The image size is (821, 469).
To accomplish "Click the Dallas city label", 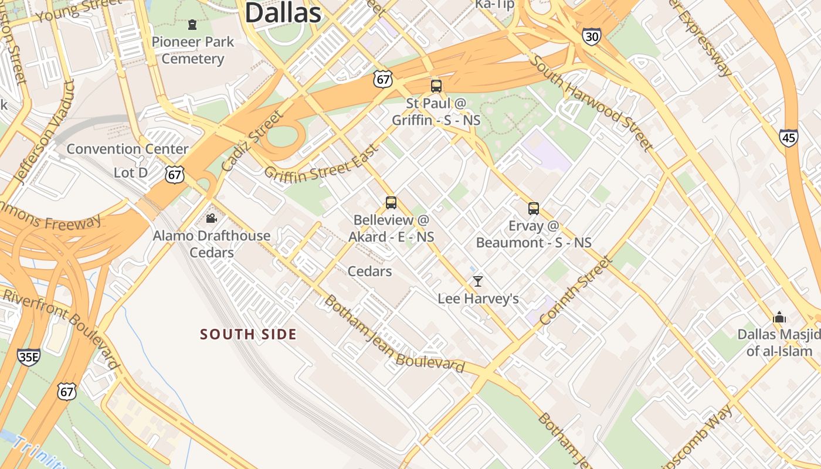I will (283, 13).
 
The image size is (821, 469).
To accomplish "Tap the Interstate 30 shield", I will (592, 37).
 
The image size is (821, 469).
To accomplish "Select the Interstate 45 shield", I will (788, 138).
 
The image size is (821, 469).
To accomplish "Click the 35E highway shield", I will (29, 356).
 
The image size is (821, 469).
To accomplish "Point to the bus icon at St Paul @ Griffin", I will (436, 86).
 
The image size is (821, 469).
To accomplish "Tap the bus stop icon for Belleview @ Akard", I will (391, 203).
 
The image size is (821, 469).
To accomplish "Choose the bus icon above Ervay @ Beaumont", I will (534, 208).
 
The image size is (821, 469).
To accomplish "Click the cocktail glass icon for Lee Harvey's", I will (478, 281).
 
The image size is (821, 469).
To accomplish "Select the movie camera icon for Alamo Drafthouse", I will (211, 219).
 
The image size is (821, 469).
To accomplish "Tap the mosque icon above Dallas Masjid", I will (779, 317).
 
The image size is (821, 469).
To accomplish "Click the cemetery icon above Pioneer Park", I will (192, 25).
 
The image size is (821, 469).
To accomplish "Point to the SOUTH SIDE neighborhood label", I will (248, 334).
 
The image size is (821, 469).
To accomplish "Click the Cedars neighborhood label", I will (369, 271).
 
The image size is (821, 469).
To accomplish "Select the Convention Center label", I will (127, 149).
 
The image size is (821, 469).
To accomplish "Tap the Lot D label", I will (131, 172).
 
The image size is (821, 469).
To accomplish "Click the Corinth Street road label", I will (575, 291).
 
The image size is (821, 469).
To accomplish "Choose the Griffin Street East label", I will (320, 165).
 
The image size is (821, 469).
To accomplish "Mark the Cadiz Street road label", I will (253, 141).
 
